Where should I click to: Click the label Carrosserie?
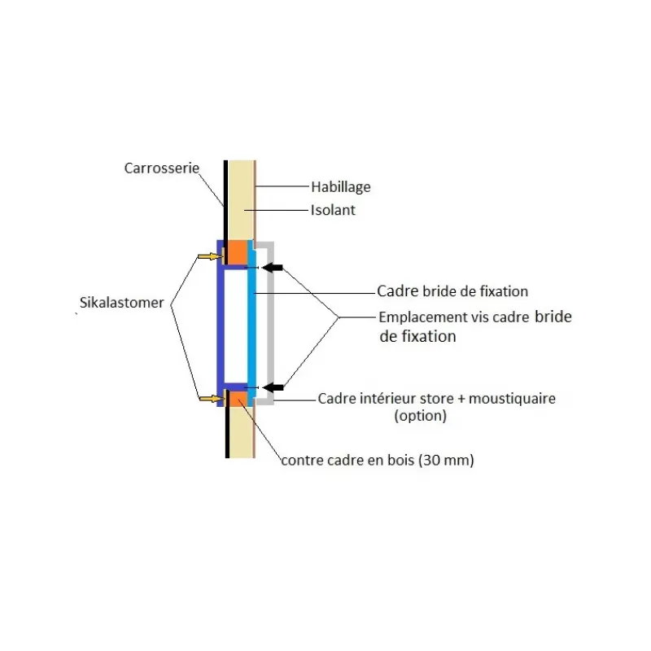click(161, 168)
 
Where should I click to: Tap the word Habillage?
click(340, 187)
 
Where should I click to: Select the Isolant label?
click(333, 210)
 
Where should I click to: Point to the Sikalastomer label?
click(121, 303)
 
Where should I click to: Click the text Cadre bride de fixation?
click(452, 291)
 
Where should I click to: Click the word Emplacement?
click(423, 317)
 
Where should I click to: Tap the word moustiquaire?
click(512, 399)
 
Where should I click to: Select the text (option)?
click(420, 416)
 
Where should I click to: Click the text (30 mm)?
click(446, 460)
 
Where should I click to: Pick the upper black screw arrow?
click(273, 268)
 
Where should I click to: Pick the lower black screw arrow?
click(273, 388)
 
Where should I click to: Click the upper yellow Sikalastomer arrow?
click(210, 256)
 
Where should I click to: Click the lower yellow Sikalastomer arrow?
click(212, 399)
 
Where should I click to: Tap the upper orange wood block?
click(238, 252)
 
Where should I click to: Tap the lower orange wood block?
click(238, 398)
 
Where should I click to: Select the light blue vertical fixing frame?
click(251, 323)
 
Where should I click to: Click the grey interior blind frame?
click(270, 323)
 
